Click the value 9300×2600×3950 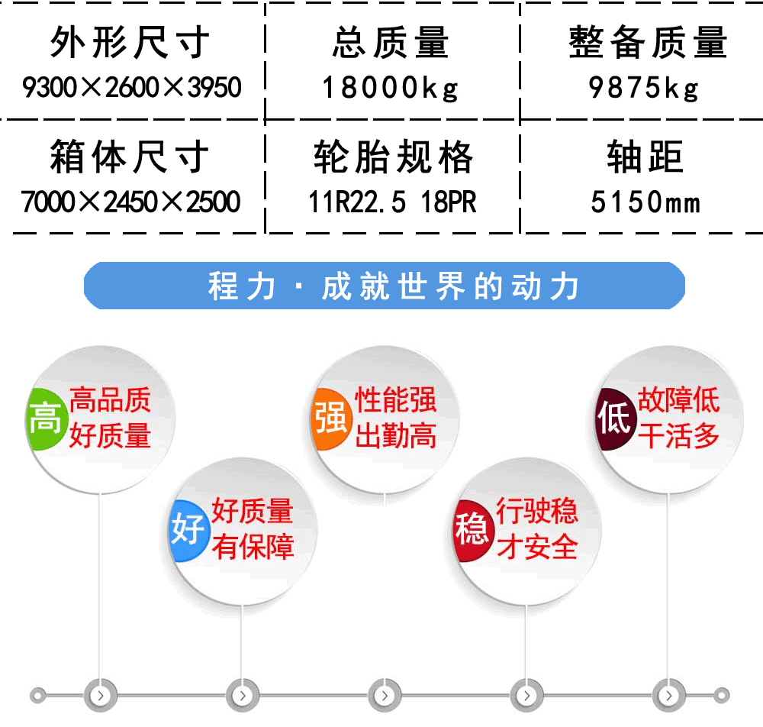pos(131,87)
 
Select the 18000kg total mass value pos(390,88)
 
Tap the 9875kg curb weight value pos(644,88)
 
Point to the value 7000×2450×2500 pos(130,202)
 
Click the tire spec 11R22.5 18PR pos(392,202)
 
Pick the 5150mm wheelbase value pos(645,202)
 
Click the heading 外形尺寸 pos(130,42)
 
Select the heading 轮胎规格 pos(393,157)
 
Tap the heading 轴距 pos(645,157)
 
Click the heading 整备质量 pos(648,42)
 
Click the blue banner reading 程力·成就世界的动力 pos(385,286)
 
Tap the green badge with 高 pos(46,418)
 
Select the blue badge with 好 pos(188,531)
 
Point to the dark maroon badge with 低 pos(615,418)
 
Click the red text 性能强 pos(395,400)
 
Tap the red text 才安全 pos(537,546)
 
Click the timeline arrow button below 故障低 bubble pos(668,696)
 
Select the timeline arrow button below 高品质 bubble pos(100,696)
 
